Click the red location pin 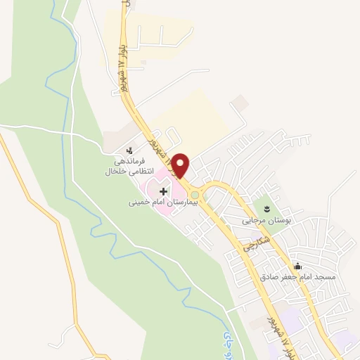[x=180, y=165]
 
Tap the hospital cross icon [x=163, y=191]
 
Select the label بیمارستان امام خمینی [x=164, y=202]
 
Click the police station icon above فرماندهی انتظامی [x=129, y=150]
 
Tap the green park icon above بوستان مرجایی [x=267, y=209]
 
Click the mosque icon [x=298, y=266]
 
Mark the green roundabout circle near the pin [x=195, y=195]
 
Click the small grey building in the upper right [x=241, y=104]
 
